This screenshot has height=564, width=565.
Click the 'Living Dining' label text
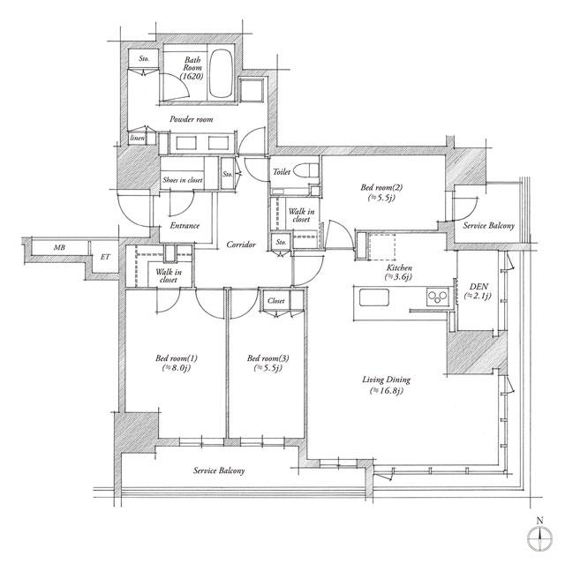point(388,380)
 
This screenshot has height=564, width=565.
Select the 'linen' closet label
point(137,139)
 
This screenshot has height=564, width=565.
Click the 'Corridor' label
point(241,244)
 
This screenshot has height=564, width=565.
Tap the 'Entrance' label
point(184,225)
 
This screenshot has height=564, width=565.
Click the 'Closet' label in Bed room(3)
point(275,301)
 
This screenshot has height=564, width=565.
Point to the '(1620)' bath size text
point(192,77)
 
